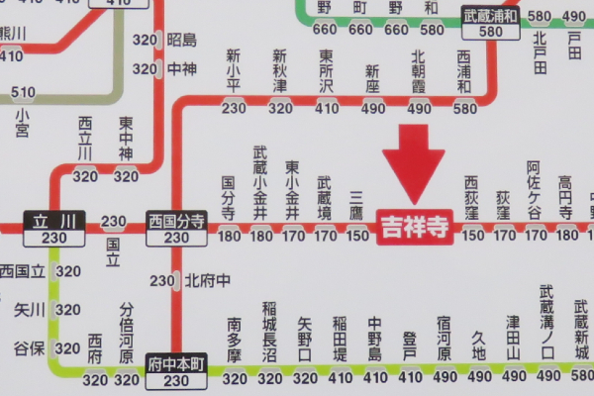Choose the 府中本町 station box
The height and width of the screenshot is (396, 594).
click(x=176, y=371)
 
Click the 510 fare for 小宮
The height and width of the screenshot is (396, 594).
click(x=23, y=94)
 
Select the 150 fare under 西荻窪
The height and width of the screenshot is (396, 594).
click(x=474, y=235)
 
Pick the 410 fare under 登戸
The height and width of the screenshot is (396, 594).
click(x=409, y=377)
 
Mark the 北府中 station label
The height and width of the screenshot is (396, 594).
click(x=206, y=280)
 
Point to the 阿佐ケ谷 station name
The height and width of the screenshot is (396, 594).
click(x=534, y=189)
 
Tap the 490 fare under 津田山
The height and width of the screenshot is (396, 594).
click(x=513, y=377)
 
